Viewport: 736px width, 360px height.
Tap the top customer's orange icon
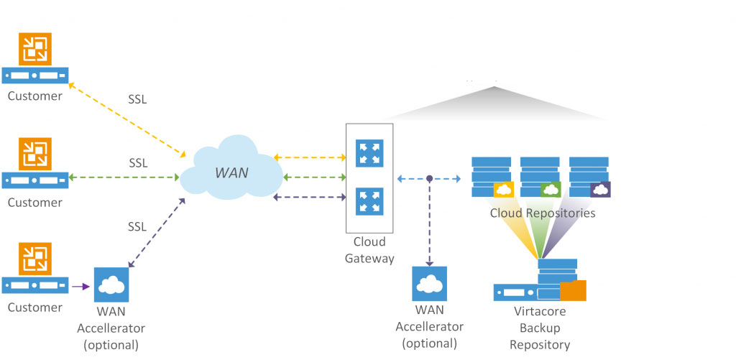34,50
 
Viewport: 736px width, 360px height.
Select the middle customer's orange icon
34,154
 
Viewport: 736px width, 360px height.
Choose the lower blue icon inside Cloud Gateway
369,202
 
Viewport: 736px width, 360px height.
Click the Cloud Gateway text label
369,250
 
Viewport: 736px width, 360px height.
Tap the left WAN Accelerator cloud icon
111,285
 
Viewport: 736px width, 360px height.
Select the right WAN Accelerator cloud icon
429,284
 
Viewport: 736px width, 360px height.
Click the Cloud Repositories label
542,213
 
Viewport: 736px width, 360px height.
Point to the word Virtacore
540,311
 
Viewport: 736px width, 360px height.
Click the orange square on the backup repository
573,290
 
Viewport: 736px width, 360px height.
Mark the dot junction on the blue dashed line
429,177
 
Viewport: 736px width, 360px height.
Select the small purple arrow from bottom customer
80,286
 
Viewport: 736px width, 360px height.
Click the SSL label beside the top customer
137,99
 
